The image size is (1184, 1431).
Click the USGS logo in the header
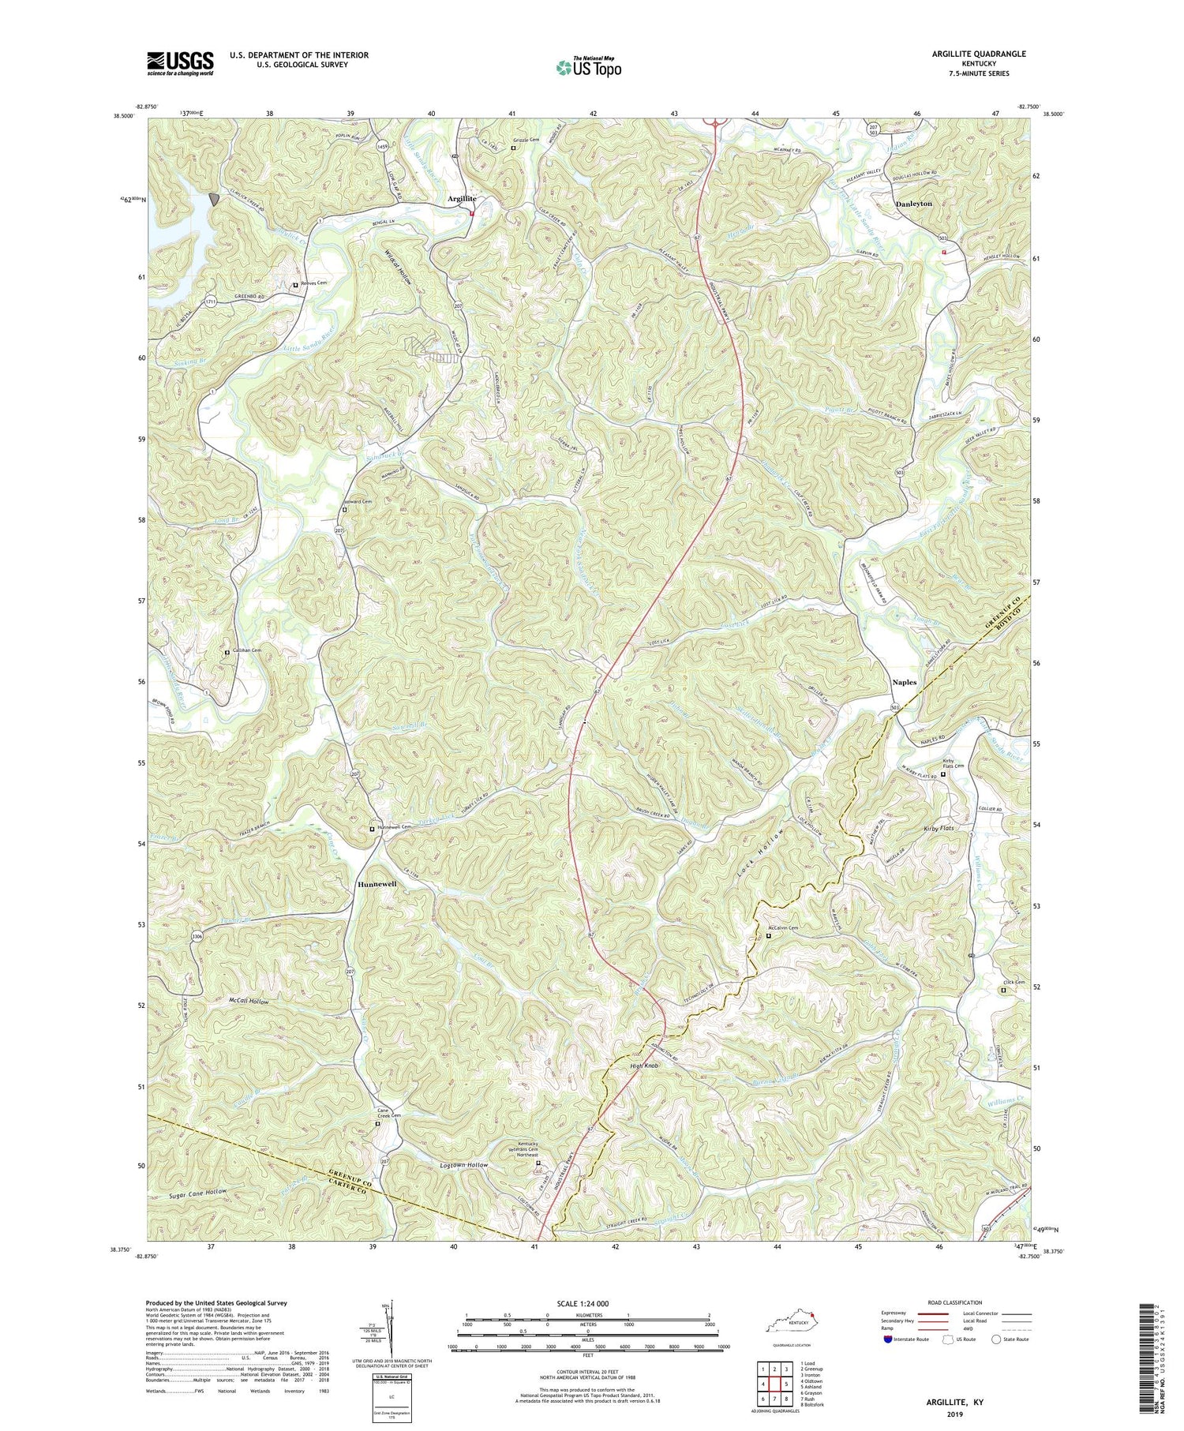pyautogui.click(x=180, y=63)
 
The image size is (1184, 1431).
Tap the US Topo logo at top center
pyautogui.click(x=588, y=66)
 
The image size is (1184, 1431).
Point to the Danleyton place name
pyautogui.click(x=914, y=204)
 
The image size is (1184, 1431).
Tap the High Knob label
pyautogui.click(x=643, y=1066)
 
